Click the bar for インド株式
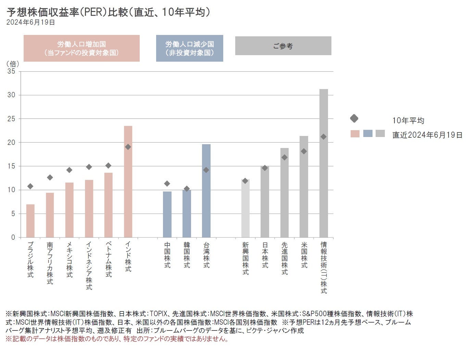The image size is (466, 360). click(x=128, y=182)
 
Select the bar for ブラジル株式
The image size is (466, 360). click(x=30, y=221)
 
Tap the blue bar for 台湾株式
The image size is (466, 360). click(x=206, y=191)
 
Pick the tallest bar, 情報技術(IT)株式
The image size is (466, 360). click(x=324, y=163)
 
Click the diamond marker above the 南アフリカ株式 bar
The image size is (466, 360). click(x=50, y=177)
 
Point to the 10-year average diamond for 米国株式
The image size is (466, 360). click(x=304, y=151)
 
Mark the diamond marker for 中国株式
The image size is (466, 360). click(x=167, y=184)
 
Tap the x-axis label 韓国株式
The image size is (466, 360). click(x=187, y=255)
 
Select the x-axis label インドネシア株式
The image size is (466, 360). click(x=89, y=266)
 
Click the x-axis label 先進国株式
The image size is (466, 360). click(x=285, y=258)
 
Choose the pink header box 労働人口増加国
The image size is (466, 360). click(x=81, y=48)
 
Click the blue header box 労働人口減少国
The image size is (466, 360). click(x=189, y=48)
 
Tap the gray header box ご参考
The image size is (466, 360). click(x=283, y=46)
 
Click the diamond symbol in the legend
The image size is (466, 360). click(x=354, y=119)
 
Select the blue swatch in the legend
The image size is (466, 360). click(x=367, y=134)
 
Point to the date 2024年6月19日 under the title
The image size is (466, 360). click(x=30, y=23)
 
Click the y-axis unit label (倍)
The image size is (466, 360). click(x=13, y=64)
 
